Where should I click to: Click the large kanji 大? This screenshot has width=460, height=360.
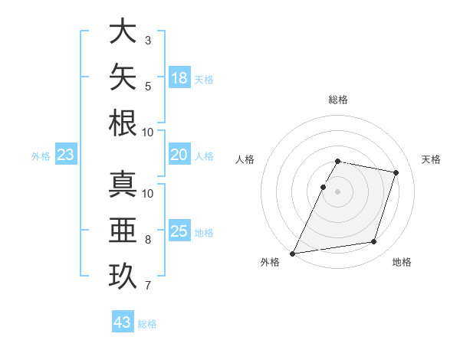point(123,31)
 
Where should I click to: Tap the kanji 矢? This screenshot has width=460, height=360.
point(123,77)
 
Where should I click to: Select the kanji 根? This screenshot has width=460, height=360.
point(123,123)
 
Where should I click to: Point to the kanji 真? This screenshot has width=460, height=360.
point(123,184)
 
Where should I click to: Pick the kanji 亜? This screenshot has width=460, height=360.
point(123,230)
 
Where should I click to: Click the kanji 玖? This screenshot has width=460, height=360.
point(123,277)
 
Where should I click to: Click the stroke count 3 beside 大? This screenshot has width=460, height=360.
point(148,41)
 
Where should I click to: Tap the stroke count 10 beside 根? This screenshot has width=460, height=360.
point(147,133)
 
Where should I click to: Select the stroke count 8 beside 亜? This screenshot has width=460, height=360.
point(148,240)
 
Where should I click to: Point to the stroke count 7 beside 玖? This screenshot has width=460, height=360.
point(148,286)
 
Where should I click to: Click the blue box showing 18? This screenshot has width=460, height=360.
point(179,77)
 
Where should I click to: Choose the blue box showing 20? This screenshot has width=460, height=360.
point(179,154)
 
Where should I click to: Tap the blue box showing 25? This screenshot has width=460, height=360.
point(179,230)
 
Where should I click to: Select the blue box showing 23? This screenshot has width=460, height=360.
point(66,154)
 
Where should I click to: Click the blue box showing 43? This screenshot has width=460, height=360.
point(123,321)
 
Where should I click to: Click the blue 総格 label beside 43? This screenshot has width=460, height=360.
point(147,324)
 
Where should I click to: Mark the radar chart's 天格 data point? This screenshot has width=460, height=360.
point(396,172)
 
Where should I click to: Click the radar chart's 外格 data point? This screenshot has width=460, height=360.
point(292,254)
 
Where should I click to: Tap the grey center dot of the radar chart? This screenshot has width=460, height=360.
point(337,191)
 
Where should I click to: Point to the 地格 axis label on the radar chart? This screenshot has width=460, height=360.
point(402,262)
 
